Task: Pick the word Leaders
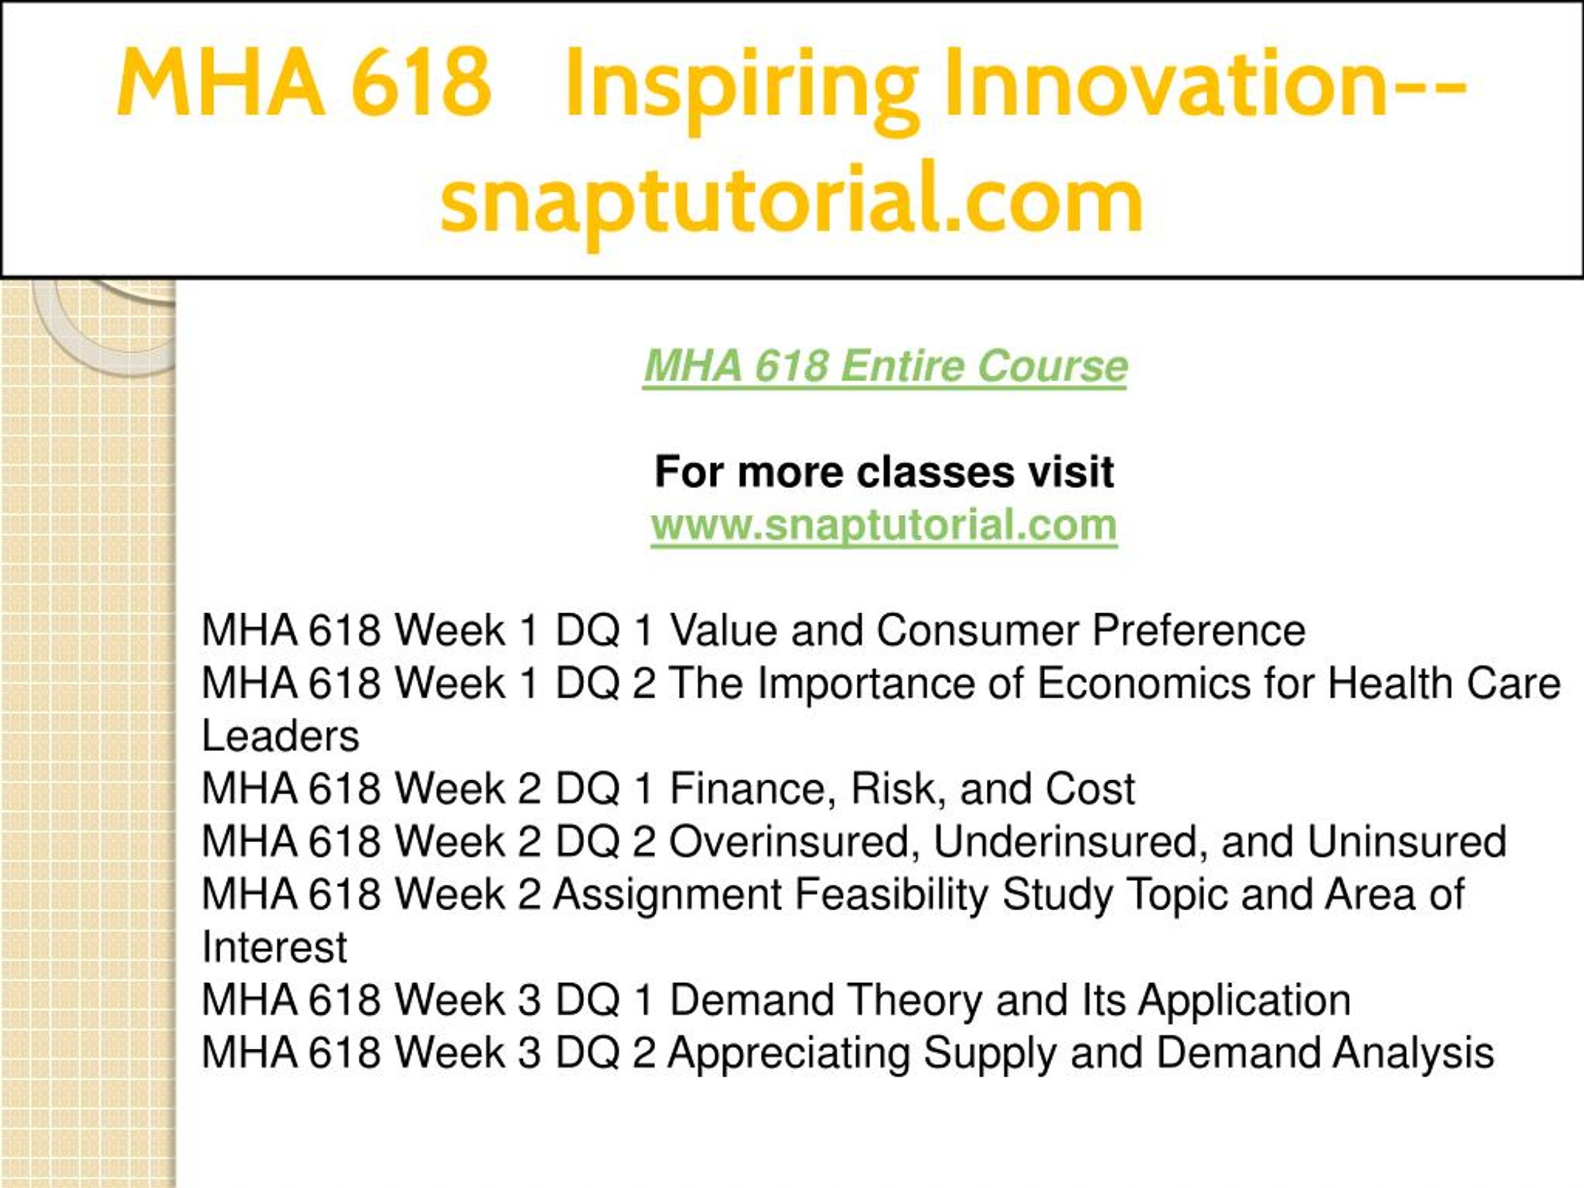281,736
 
